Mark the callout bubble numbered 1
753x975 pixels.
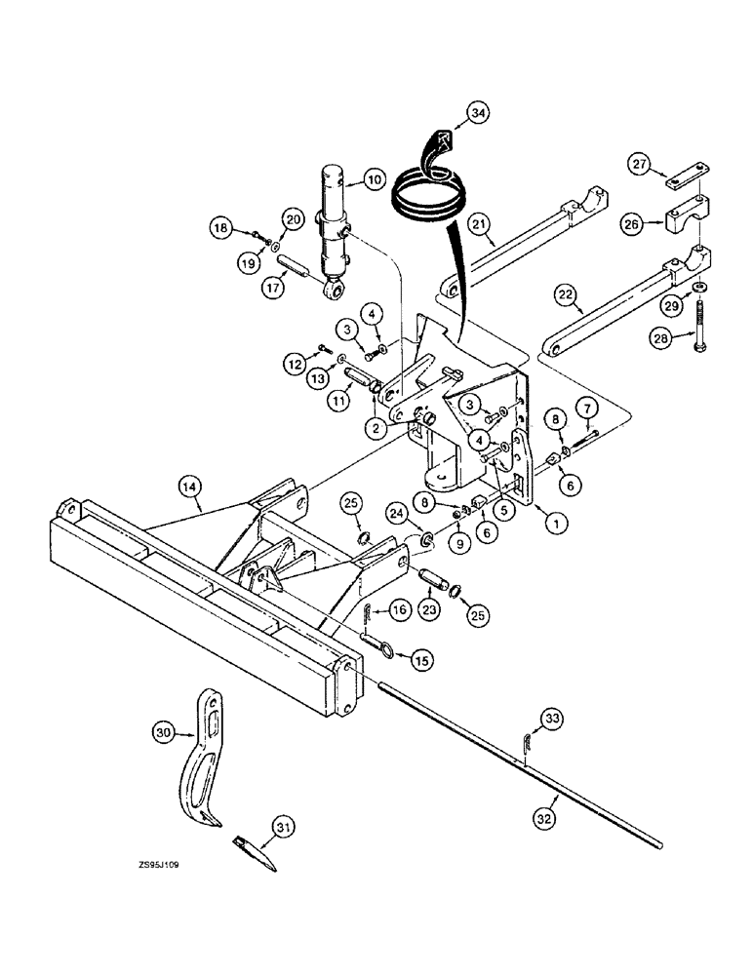tap(556, 524)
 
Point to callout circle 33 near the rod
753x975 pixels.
tap(551, 721)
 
